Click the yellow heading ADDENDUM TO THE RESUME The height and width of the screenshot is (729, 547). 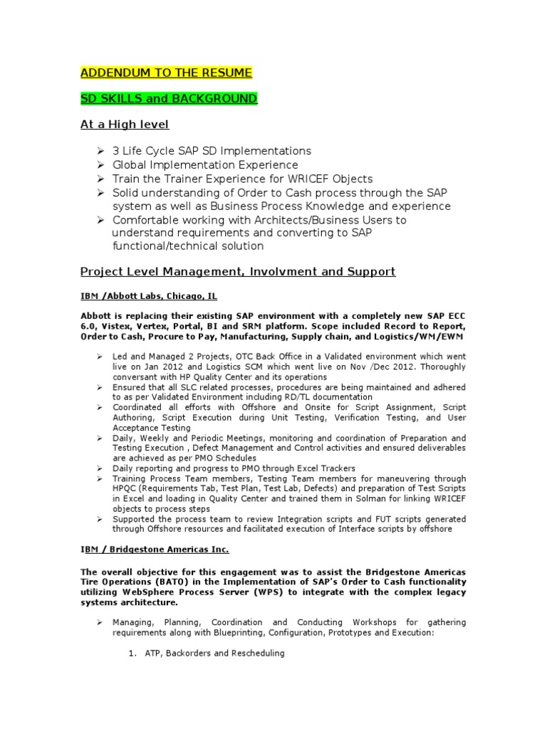[x=166, y=73]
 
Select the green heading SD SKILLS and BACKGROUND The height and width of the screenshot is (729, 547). [x=169, y=98]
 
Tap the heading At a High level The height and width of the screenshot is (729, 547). [x=125, y=125]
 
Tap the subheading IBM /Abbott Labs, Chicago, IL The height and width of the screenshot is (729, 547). [x=148, y=295]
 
